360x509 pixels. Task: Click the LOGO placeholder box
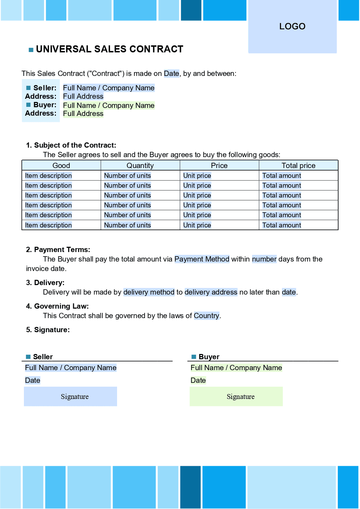click(x=292, y=27)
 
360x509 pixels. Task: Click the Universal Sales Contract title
click(x=109, y=49)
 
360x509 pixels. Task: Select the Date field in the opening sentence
click(x=171, y=73)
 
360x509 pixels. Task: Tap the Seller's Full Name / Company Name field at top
click(x=109, y=88)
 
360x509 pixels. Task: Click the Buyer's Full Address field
click(x=83, y=114)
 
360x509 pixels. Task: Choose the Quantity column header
click(x=140, y=166)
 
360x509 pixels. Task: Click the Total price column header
click(x=298, y=166)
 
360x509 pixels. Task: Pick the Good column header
click(x=61, y=166)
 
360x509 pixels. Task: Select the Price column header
click(x=219, y=166)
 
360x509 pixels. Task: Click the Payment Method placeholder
click(x=201, y=259)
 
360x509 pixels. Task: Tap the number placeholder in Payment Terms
click(x=264, y=259)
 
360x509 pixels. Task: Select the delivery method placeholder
click(x=149, y=292)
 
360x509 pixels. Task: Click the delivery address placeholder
click(x=211, y=292)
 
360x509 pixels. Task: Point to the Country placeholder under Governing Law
click(x=206, y=316)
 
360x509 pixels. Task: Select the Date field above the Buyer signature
click(x=198, y=380)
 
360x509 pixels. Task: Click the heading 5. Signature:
click(x=48, y=330)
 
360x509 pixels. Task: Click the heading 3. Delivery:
click(x=45, y=283)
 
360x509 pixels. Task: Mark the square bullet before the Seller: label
click(x=28, y=88)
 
